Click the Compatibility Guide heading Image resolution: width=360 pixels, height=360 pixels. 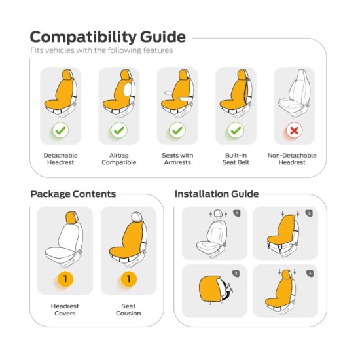pyautogui.click(x=108, y=37)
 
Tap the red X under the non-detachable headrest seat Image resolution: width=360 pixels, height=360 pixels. pyautogui.click(x=294, y=130)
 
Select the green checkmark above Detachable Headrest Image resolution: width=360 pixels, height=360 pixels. pyautogui.click(x=61, y=130)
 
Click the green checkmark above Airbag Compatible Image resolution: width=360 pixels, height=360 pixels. pyautogui.click(x=119, y=130)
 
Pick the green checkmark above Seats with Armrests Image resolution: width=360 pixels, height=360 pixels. pyautogui.click(x=177, y=130)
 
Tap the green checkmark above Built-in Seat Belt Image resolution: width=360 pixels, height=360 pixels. pyautogui.click(x=236, y=130)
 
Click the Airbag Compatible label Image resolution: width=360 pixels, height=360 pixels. pyautogui.click(x=119, y=159)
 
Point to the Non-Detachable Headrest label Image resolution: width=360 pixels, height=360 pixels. pyautogui.click(x=292, y=159)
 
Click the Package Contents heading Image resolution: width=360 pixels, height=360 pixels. pyautogui.click(x=73, y=194)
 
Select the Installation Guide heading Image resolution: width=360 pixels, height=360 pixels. pyautogui.click(x=217, y=194)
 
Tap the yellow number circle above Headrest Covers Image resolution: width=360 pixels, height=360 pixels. pyautogui.click(x=65, y=279)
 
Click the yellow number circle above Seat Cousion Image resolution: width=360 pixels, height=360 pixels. pyautogui.click(x=128, y=279)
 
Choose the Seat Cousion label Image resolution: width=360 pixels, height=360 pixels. pyautogui.click(x=128, y=310)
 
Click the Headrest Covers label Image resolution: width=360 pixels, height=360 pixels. pyautogui.click(x=65, y=310)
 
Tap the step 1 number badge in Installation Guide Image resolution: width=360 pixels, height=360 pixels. pyautogui.click(x=237, y=213)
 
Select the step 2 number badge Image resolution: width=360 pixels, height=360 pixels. pyautogui.click(x=309, y=213)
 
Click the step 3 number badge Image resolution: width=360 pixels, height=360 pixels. pyautogui.click(x=236, y=274)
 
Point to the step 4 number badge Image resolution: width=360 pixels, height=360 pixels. pyautogui.click(x=310, y=273)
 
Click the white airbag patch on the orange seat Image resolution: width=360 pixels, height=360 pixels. pyautogui.click(x=128, y=90)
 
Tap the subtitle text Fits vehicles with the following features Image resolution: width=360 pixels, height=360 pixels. pyautogui.click(x=101, y=50)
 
